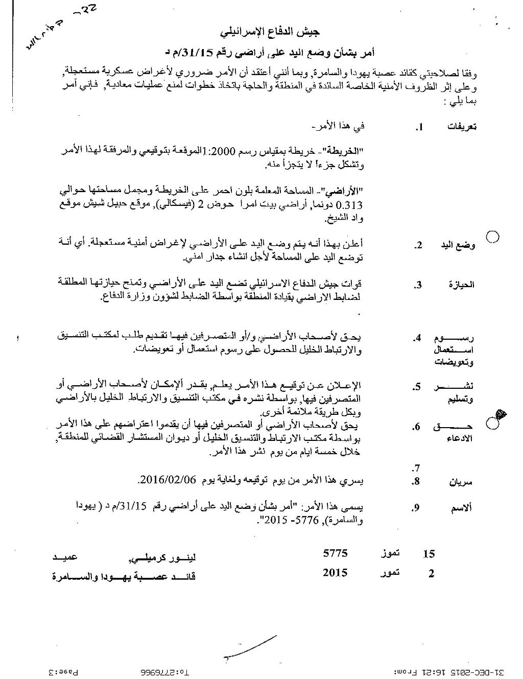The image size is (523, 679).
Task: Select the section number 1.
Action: [x=420, y=127]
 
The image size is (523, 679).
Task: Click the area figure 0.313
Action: [x=351, y=205]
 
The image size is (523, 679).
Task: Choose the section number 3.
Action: [x=418, y=285]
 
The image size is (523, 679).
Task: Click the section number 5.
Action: [x=418, y=387]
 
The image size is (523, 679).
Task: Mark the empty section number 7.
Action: [x=416, y=468]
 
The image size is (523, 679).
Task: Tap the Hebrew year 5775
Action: [x=336, y=553]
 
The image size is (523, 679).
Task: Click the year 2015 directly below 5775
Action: [x=336, y=572]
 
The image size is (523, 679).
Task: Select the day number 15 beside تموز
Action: [x=430, y=554]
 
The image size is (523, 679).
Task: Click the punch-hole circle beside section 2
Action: [x=493, y=237]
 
